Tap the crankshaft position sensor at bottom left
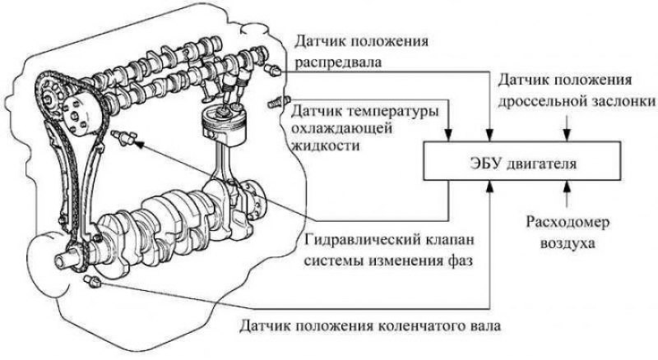pos(91,284)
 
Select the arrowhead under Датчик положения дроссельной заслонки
pos(565,136)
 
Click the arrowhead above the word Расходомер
pos(565,190)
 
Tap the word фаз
pos(466,261)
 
